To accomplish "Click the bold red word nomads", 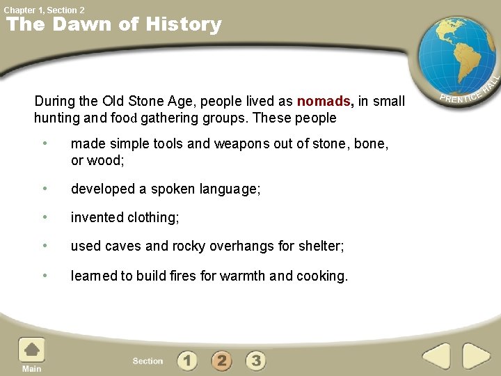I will [324, 101].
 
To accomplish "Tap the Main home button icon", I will [31, 351].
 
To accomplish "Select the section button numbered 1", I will [186, 361].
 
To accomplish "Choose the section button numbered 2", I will [221, 361].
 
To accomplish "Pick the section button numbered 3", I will [256, 361].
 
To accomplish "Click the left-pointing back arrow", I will [437, 357].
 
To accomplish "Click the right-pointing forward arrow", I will [477, 357].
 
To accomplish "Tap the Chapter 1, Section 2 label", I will [44, 10].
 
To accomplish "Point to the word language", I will [230, 189].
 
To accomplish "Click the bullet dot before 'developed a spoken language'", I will [45, 189].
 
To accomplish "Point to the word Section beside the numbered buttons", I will [148, 361].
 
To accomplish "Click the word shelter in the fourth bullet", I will [321, 246].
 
